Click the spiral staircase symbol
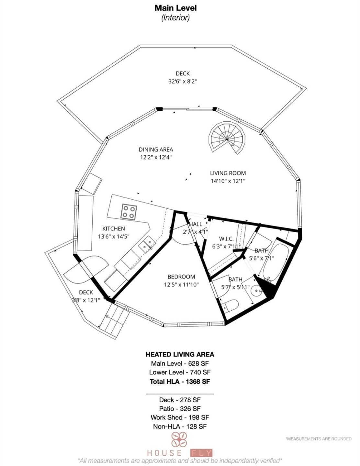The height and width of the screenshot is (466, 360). point(227,139)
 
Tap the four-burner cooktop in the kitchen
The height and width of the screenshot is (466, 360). point(129,212)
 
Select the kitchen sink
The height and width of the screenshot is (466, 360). point(148,243)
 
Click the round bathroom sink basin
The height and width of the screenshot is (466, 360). point(257,291)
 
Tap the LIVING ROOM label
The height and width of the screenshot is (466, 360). point(228,173)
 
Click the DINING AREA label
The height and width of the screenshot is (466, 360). point(156,150)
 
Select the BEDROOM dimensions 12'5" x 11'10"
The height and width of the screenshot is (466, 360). point(181,285)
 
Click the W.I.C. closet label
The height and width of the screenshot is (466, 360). point(226,239)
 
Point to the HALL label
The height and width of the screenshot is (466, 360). point(196,224)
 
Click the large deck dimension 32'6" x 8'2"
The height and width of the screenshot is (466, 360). point(183,82)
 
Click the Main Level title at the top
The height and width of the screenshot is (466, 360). point(175,8)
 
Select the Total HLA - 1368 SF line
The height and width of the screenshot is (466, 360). point(180,382)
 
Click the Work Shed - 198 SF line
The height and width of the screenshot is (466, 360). point(180,417)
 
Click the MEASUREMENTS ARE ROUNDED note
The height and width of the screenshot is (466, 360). point(318,439)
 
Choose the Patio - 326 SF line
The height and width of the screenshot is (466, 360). point(180,409)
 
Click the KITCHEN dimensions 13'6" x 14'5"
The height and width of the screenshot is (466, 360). point(114,237)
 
